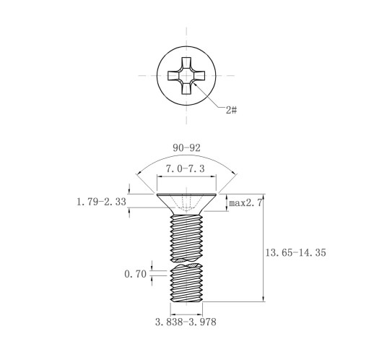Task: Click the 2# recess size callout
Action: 232,111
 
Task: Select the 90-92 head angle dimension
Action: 186,147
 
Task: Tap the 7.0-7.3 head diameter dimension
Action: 185,168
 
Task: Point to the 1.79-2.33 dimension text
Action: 101,202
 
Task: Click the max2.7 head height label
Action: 245,203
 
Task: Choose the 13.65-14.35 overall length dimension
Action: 295,252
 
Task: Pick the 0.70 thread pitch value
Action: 135,274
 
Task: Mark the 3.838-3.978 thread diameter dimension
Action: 186,322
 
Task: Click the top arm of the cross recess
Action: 186,64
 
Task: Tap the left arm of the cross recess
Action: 174,75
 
